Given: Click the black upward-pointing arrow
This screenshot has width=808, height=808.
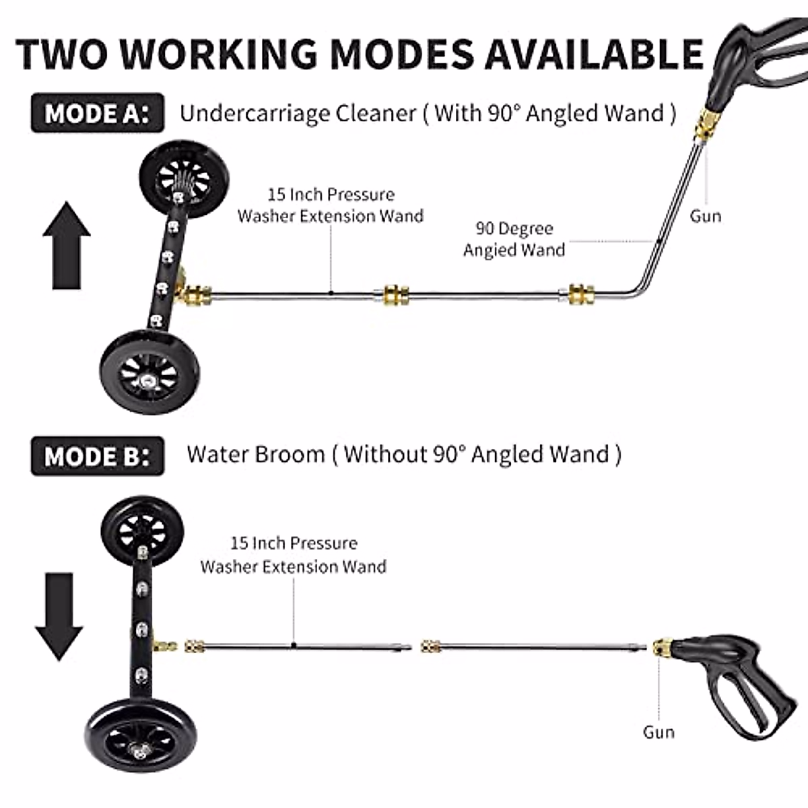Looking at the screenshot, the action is [x=66, y=245].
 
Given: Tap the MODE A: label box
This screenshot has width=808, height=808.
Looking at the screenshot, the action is [x=97, y=112].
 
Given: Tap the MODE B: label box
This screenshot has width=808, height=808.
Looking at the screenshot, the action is [x=97, y=456].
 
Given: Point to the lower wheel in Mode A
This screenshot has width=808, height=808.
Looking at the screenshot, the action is [x=149, y=370].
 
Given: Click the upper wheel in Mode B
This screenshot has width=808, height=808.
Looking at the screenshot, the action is [x=141, y=528].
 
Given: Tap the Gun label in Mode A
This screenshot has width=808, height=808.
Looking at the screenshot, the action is [x=705, y=216].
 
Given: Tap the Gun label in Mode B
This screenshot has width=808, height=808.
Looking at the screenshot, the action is [x=658, y=732].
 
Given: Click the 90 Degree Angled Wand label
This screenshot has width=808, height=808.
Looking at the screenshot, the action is [x=514, y=239].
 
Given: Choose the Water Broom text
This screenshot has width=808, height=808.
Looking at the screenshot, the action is [x=256, y=454].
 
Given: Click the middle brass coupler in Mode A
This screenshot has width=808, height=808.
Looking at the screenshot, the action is [x=396, y=295].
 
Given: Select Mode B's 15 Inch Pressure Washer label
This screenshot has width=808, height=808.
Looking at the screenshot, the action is [x=294, y=554].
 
